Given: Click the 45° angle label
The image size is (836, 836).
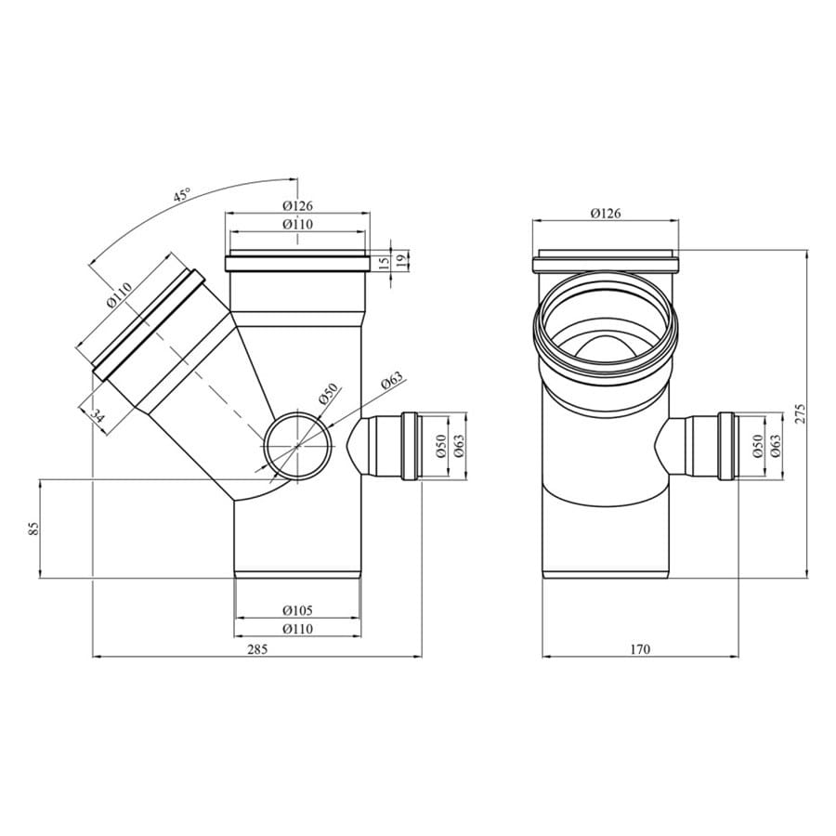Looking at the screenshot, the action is (x=182, y=196).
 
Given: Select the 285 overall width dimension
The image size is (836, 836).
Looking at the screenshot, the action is (x=257, y=649).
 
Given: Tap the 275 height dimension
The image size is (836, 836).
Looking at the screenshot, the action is (x=801, y=413).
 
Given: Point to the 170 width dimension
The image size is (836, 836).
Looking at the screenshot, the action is (x=640, y=649).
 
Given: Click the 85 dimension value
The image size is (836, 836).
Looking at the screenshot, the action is (x=33, y=529).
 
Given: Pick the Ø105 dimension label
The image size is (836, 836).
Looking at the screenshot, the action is (x=297, y=610).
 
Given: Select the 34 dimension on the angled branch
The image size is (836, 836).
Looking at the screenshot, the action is (x=97, y=415).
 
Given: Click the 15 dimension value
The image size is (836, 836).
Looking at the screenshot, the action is (x=384, y=262).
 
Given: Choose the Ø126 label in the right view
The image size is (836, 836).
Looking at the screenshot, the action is (x=606, y=214).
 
